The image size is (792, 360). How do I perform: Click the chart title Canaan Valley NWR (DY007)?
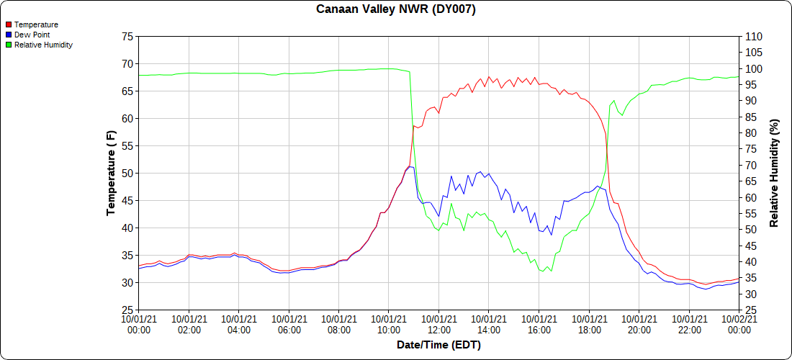396,9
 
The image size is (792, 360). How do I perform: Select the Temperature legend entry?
36,24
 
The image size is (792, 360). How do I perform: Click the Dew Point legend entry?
32,35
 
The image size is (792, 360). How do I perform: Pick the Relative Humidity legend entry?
43,45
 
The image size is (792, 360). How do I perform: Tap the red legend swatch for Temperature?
9,24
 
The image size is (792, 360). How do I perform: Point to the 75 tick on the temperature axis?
127,36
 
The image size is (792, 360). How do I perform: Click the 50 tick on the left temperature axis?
127,173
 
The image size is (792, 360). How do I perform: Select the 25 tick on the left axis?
127,310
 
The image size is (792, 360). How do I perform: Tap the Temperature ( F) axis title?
111,173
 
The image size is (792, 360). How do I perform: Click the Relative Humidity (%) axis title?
775,173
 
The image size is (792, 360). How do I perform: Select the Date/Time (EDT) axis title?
438,345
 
